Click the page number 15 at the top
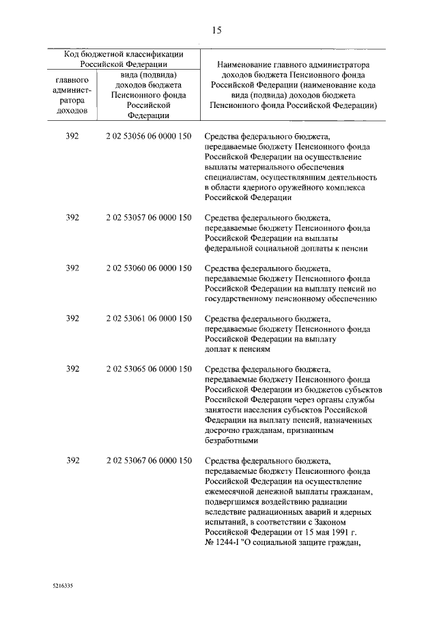point(216,29)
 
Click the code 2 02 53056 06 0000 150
point(148,137)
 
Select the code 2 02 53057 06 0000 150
point(148,218)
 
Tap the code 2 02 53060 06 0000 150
point(148,268)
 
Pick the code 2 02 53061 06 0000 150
point(148,318)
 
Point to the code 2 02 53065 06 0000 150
point(148,369)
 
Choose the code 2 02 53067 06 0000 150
point(148,462)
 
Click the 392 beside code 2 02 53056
point(72,137)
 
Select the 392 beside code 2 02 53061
point(72,318)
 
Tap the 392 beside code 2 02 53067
point(72,462)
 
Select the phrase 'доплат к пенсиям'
point(238,349)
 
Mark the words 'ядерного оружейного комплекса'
point(309,187)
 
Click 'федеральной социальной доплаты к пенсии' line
point(286,249)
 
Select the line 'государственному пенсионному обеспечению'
point(290,299)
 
